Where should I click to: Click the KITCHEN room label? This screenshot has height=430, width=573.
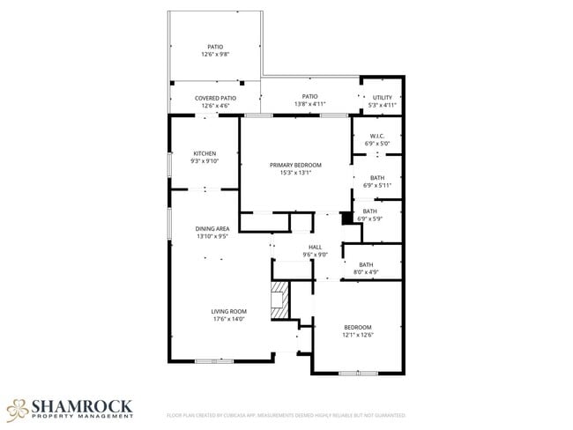(x=205, y=153)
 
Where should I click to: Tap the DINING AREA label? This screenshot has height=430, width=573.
(x=212, y=229)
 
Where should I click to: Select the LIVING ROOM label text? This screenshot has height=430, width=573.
(x=228, y=311)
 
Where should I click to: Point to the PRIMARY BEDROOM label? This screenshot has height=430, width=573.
(x=295, y=165)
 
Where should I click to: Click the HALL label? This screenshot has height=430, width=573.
(x=315, y=247)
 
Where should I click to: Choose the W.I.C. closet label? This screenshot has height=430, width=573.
(x=376, y=136)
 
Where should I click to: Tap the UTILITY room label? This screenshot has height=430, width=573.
(x=382, y=97)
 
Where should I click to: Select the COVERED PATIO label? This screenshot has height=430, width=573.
(x=215, y=98)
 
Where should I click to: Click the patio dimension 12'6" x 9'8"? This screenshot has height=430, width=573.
(x=215, y=55)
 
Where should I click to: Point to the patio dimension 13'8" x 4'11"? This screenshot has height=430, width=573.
(x=309, y=105)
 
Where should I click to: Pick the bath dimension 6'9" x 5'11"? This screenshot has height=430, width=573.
(x=376, y=185)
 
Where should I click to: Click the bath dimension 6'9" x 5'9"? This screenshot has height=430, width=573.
(x=369, y=218)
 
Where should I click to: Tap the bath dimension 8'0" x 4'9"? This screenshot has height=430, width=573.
(x=365, y=271)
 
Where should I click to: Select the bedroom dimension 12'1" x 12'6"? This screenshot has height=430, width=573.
(x=357, y=334)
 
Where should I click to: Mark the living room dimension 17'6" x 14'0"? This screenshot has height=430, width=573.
(x=228, y=319)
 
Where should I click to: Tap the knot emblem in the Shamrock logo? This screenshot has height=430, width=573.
(x=17, y=409)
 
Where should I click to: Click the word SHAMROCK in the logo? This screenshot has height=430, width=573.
(x=82, y=405)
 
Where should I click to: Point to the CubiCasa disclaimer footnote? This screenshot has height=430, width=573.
(x=286, y=414)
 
